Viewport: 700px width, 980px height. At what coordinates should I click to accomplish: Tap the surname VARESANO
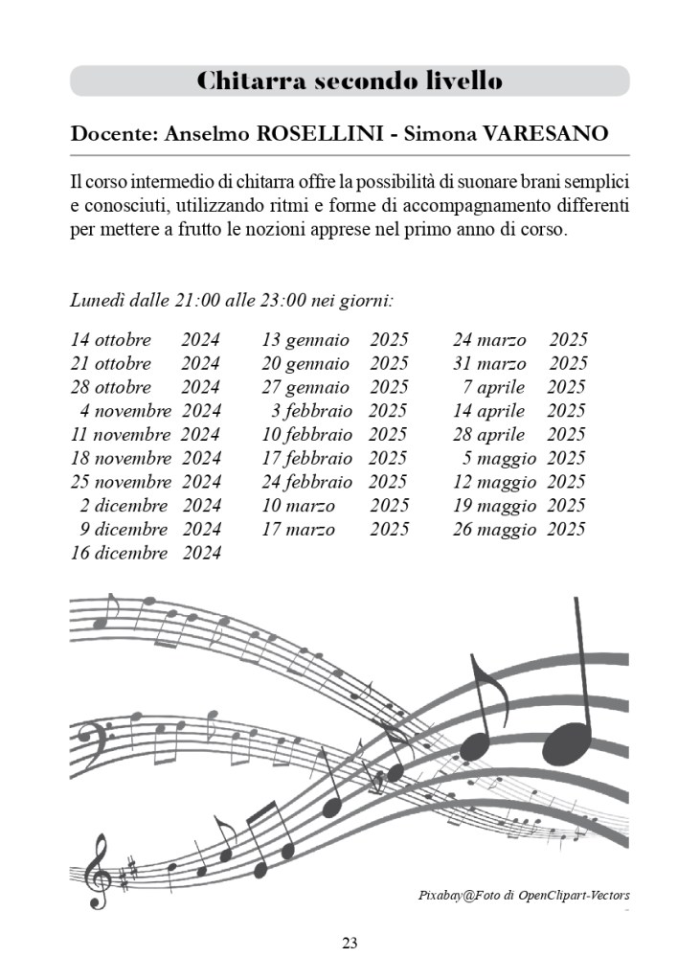click(547, 133)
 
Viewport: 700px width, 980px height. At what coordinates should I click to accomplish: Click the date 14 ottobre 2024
click(146, 340)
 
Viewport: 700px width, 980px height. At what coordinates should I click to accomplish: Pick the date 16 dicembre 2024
click(146, 553)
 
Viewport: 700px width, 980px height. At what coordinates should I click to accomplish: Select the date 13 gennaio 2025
click(335, 340)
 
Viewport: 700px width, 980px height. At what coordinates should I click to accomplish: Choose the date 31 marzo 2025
click(520, 364)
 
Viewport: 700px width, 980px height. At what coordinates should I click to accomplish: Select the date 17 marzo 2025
click(335, 529)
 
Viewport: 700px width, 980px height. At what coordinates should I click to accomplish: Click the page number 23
click(350, 944)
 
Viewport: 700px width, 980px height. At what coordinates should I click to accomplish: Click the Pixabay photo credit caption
click(524, 895)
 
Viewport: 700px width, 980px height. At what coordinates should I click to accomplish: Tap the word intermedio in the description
click(169, 182)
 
